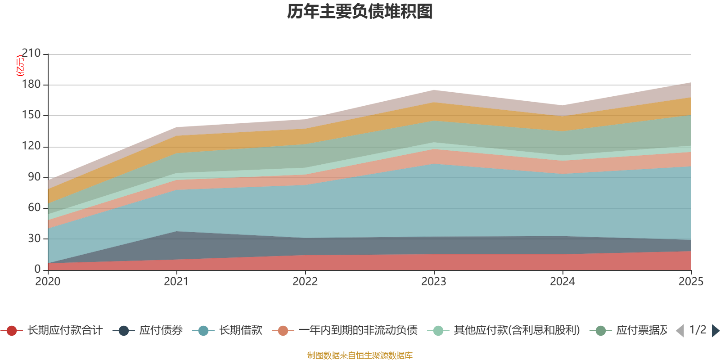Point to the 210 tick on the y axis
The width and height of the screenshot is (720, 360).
[31, 54]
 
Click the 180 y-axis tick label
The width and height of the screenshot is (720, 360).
[31, 85]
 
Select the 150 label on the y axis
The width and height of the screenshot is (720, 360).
[31, 115]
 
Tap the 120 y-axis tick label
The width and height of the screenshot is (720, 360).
[31, 146]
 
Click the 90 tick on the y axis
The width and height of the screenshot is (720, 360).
[34, 177]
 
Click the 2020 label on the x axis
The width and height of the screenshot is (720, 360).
[48, 282]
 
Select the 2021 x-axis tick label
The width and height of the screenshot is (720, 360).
[176, 282]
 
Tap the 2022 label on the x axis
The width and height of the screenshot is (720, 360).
[305, 282]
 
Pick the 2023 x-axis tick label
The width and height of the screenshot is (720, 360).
[434, 282]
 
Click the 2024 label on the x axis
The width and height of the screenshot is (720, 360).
[562, 282]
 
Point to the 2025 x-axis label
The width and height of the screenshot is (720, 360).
[691, 282]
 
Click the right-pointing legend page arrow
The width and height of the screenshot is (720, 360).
[715, 331]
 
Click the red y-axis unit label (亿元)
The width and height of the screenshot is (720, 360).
[20, 66]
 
